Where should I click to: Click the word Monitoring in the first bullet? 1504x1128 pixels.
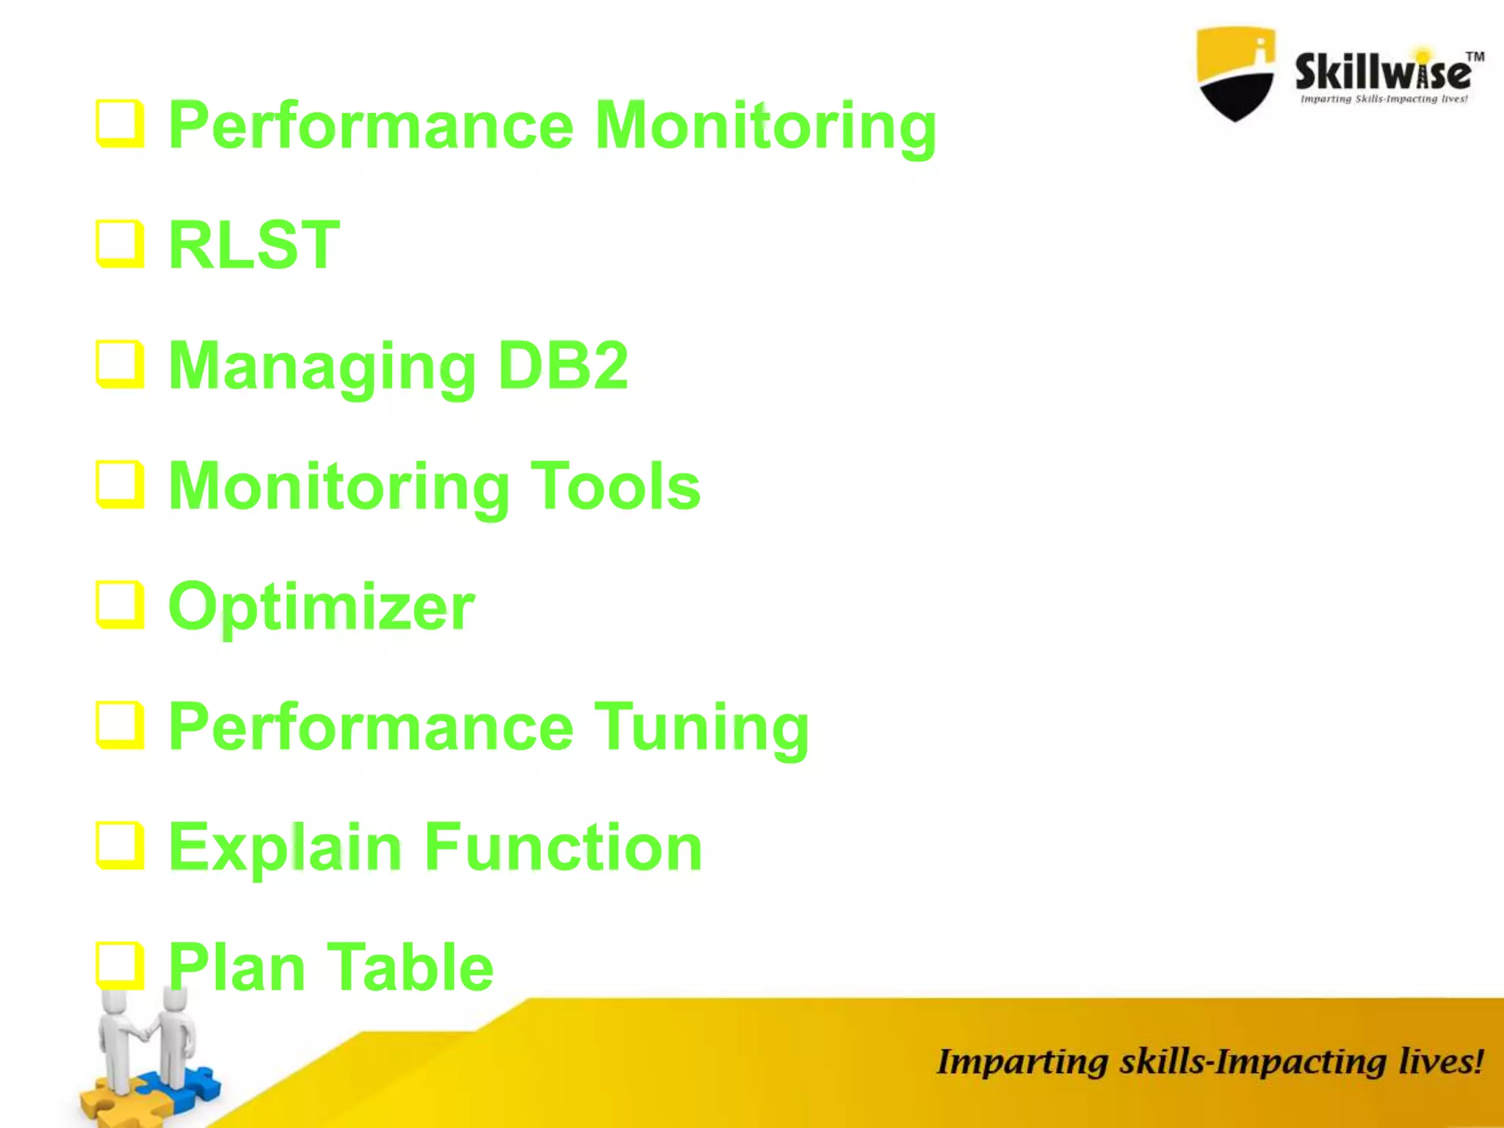click(x=765, y=126)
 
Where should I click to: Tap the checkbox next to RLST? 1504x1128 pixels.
click(x=119, y=244)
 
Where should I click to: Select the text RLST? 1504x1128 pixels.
click(x=254, y=245)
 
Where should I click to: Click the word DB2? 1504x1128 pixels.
click(x=563, y=366)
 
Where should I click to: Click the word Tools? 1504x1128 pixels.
click(x=615, y=486)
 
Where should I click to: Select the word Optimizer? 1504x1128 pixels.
click(x=322, y=608)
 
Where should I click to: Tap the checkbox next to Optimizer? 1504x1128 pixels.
click(x=119, y=605)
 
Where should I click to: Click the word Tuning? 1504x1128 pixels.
click(x=701, y=728)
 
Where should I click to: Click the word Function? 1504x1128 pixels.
click(x=563, y=847)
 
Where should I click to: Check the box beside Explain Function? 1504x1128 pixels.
click(x=119, y=845)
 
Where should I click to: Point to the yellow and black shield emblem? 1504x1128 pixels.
click(x=1235, y=73)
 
